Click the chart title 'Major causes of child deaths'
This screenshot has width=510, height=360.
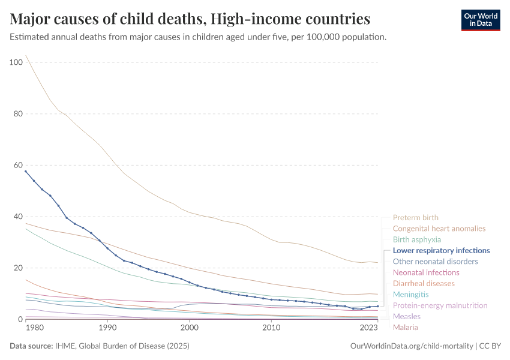tap(190, 19)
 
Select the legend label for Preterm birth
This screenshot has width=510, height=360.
tap(415, 218)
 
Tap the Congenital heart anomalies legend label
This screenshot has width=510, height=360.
tap(439, 229)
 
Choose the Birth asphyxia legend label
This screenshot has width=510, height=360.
tap(416, 239)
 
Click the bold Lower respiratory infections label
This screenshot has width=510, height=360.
tap(441, 251)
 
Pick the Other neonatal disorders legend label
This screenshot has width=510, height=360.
tap(435, 262)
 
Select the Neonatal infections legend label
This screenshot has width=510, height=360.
tap(425, 272)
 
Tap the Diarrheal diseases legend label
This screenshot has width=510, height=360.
tap(423, 283)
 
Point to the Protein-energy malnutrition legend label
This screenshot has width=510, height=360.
tap(440, 305)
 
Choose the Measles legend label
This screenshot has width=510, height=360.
tap(406, 316)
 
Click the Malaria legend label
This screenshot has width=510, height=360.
tap(405, 327)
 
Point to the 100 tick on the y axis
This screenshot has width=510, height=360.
tap(16, 62)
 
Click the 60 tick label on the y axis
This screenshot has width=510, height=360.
tap(18, 166)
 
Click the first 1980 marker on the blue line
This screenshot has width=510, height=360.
tap(26, 171)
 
